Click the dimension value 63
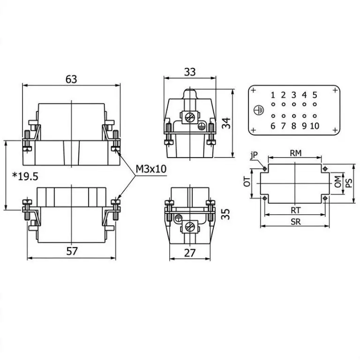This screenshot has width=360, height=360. pyautogui.click(x=71, y=79)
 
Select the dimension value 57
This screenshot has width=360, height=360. pyautogui.click(x=72, y=251)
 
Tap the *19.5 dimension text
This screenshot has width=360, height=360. pyautogui.click(x=25, y=177)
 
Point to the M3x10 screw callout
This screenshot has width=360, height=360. pyautogui.click(x=151, y=169)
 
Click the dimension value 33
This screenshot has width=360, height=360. pyautogui.click(x=190, y=72)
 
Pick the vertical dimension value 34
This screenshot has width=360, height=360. pyautogui.click(x=226, y=123)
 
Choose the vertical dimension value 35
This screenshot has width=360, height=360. pyautogui.click(x=225, y=214)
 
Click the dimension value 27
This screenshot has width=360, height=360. pyautogui.click(x=190, y=253)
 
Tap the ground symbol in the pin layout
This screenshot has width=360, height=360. pyautogui.click(x=259, y=111)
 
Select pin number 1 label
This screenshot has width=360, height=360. pyautogui.click(x=273, y=95)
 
